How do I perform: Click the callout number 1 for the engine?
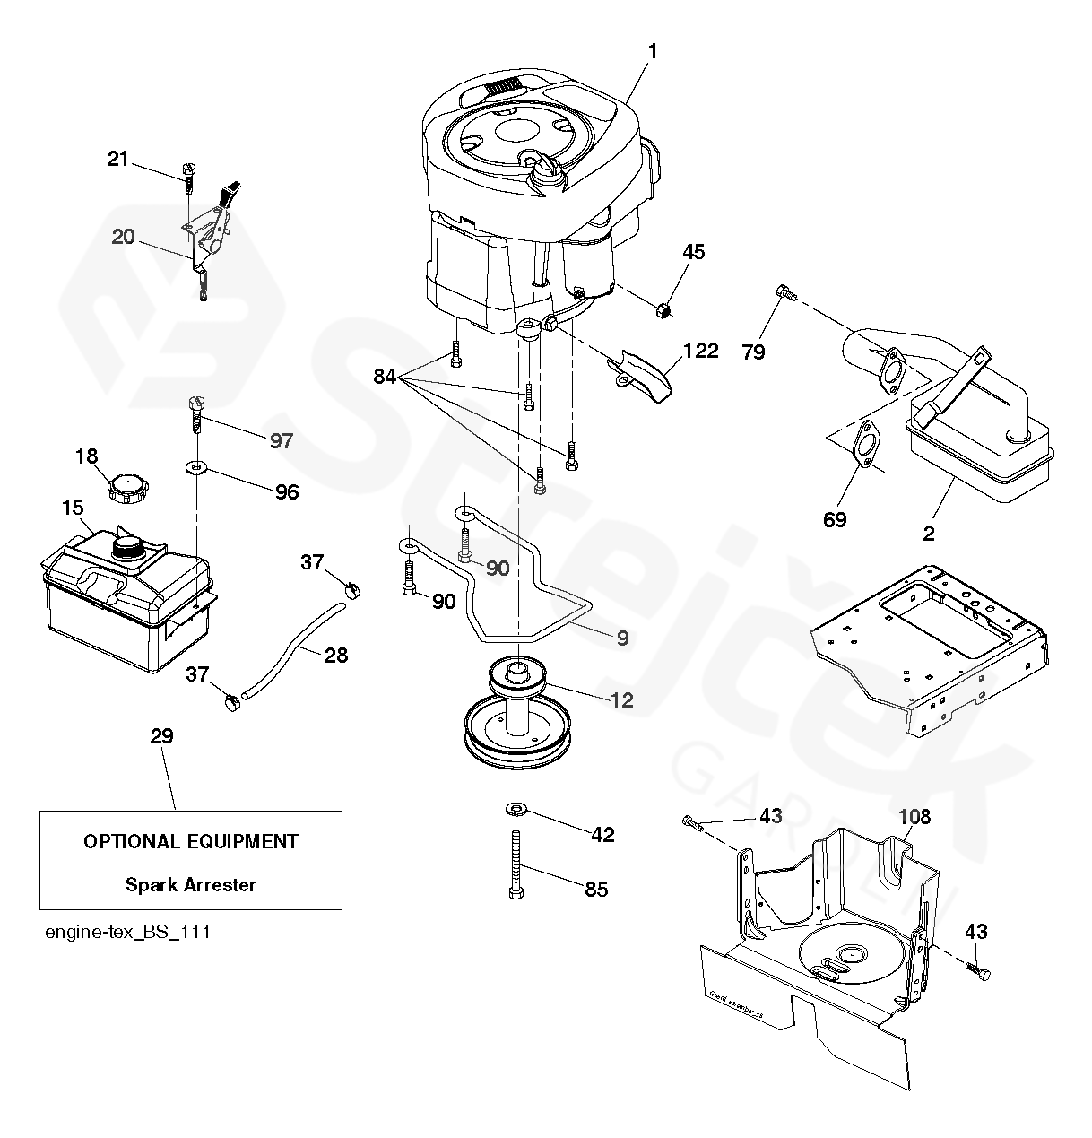point(653,52)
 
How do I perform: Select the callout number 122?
point(700,351)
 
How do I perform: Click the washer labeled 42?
point(516,811)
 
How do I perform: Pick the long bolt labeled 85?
point(517,862)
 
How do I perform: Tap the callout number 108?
point(914,817)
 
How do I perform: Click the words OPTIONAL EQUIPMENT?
point(190,842)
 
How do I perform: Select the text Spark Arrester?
point(190,885)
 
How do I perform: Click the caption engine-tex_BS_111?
point(127,932)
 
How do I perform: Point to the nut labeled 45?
point(663,310)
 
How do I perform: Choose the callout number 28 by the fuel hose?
point(335,655)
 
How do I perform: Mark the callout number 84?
point(385,378)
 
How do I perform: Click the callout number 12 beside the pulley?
point(621,699)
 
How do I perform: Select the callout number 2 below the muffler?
point(929,534)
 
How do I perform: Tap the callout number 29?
point(162,736)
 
